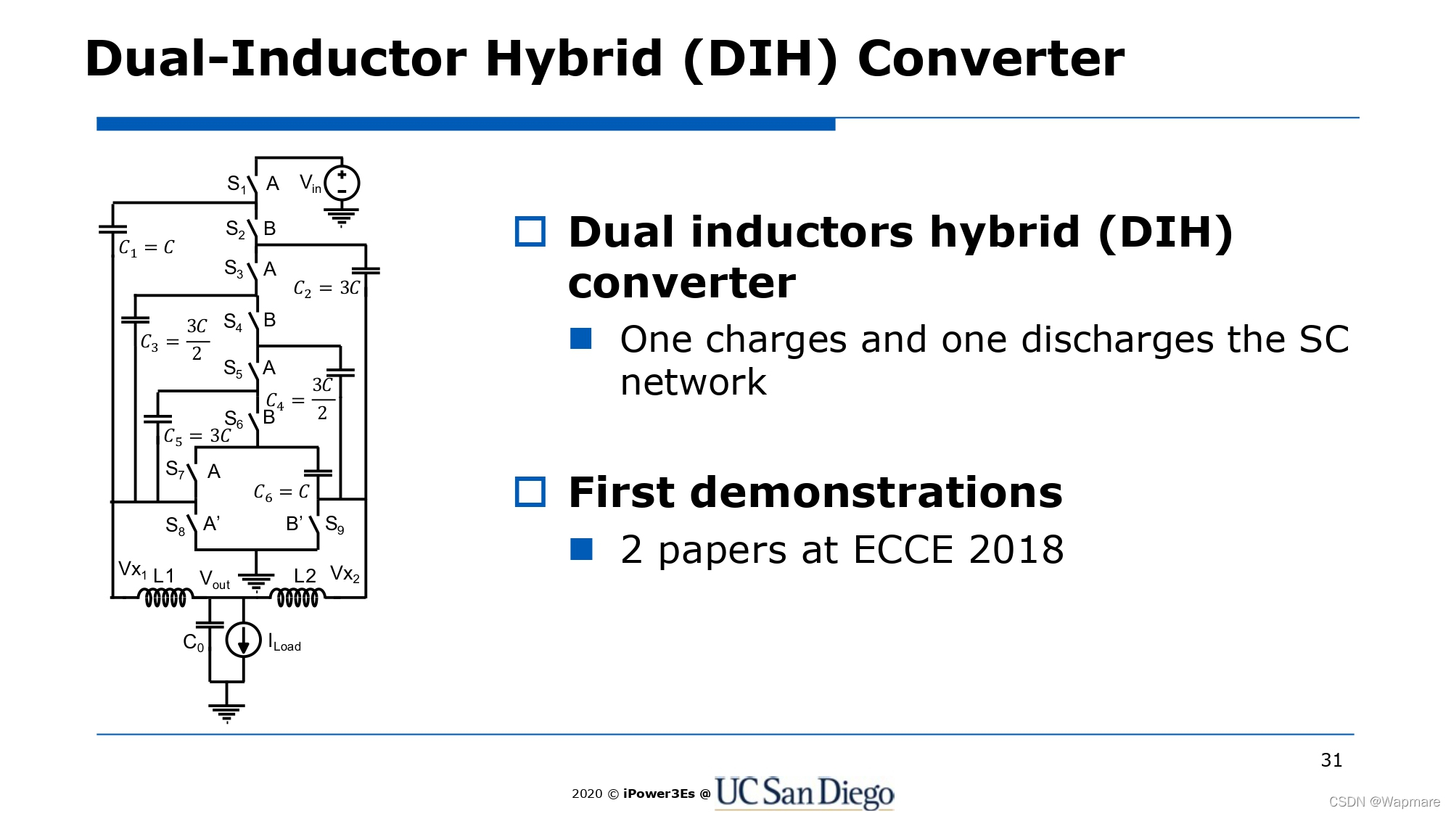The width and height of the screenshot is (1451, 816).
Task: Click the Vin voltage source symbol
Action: (342, 184)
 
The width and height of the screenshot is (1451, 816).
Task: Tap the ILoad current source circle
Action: (243, 640)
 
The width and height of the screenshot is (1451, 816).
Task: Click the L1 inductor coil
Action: (165, 598)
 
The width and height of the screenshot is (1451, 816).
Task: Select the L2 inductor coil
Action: (297, 598)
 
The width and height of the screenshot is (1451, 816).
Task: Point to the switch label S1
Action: (237, 184)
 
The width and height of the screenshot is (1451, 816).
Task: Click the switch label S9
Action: (334, 524)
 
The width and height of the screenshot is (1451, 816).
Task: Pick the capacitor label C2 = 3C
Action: (326, 289)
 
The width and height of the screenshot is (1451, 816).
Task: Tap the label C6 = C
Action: (281, 493)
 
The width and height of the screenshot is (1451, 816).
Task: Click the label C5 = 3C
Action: (197, 437)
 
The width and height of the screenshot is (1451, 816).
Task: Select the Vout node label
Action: (215, 580)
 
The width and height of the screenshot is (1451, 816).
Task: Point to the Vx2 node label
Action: (345, 574)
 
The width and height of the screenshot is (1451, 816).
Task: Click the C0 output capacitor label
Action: (193, 643)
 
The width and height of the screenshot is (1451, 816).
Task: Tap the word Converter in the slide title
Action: (991, 59)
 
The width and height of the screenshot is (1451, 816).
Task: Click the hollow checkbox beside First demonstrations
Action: (530, 492)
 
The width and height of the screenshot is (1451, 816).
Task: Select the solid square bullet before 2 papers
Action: (581, 549)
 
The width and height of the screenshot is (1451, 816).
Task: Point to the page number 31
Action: (1331, 760)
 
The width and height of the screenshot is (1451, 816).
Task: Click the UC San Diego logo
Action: (804, 792)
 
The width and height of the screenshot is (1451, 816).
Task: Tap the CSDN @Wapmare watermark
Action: (1384, 801)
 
